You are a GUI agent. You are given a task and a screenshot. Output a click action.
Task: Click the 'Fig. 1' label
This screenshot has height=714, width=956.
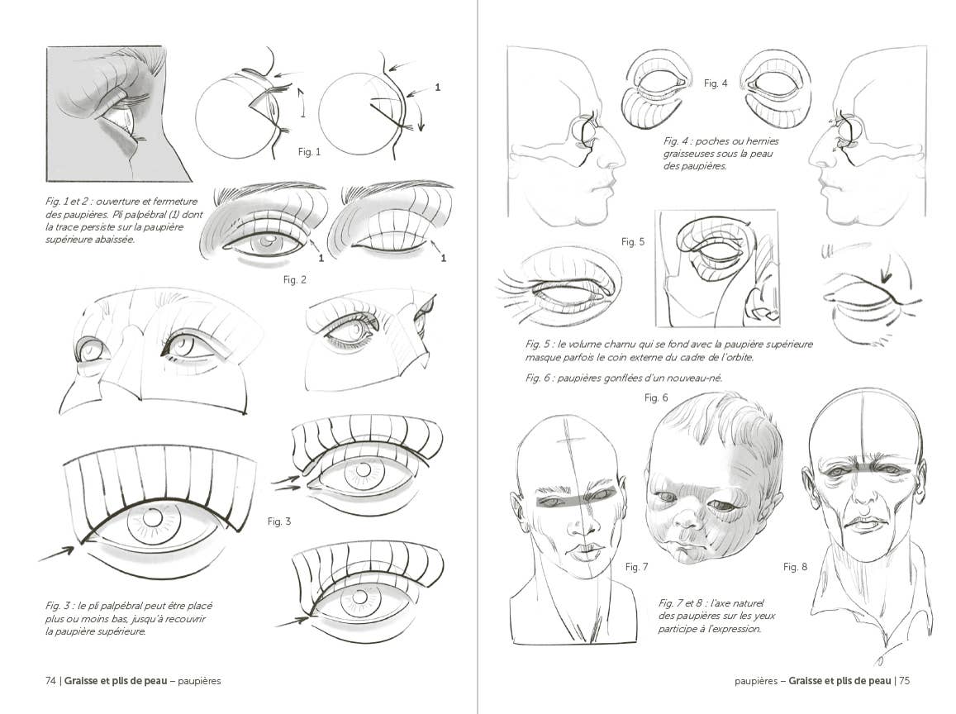pyautogui.click(x=309, y=152)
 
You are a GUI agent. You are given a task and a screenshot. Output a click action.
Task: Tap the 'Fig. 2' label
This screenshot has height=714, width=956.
pyautogui.click(x=295, y=280)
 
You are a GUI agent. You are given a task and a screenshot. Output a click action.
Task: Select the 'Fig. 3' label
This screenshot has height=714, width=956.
pyautogui.click(x=279, y=521)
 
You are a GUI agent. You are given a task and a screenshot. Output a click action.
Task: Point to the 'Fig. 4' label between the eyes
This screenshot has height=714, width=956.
pyautogui.click(x=716, y=83)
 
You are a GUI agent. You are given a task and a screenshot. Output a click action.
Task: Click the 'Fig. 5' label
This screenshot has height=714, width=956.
pyautogui.click(x=634, y=242)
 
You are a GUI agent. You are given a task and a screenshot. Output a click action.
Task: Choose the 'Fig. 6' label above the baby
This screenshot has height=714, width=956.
pyautogui.click(x=656, y=398)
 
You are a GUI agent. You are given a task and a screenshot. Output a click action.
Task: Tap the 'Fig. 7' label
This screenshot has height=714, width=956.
pyautogui.click(x=636, y=567)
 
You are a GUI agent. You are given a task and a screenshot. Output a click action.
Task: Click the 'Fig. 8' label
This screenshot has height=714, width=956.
pyautogui.click(x=795, y=567)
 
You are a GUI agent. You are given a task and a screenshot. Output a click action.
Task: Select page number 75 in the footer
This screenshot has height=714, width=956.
pyautogui.click(x=904, y=681)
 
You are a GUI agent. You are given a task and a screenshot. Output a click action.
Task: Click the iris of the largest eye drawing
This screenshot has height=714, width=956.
pyautogui.click(x=154, y=519)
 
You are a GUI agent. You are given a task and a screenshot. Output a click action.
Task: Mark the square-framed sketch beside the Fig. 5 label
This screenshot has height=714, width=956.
pyautogui.click(x=717, y=269)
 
